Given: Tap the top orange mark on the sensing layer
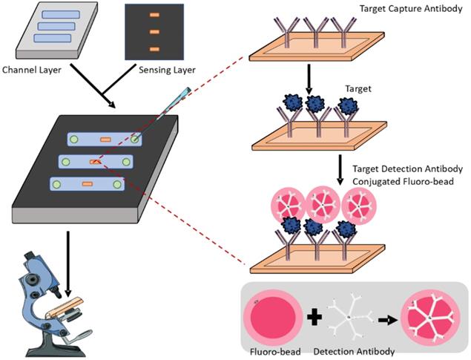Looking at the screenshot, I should click(x=154, y=16).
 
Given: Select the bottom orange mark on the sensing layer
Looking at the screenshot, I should click(x=154, y=49).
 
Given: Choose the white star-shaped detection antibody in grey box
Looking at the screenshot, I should click(x=350, y=314).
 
